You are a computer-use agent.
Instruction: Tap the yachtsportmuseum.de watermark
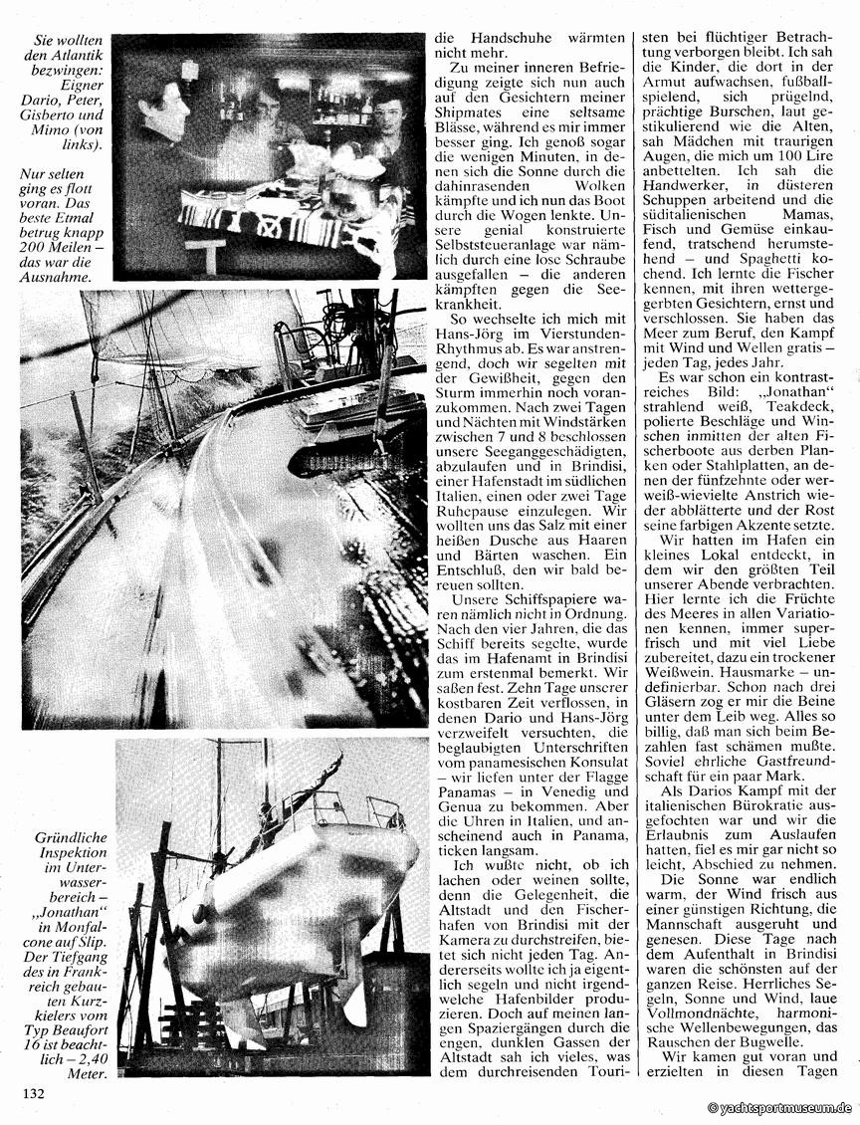pos(779,1107)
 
